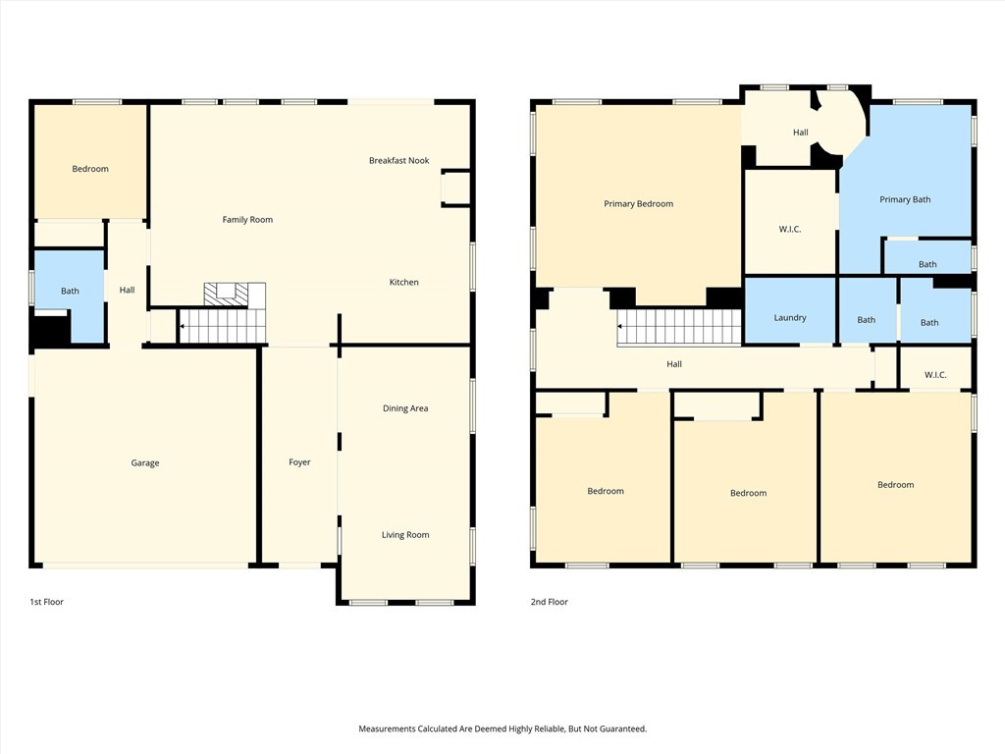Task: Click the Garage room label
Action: click(x=145, y=463)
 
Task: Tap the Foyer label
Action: click(x=299, y=462)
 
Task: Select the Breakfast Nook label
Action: click(x=398, y=160)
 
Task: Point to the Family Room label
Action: click(x=247, y=219)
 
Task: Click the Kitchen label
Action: click(x=403, y=282)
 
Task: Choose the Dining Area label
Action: click(x=405, y=408)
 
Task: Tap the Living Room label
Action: click(x=405, y=535)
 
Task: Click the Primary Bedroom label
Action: click(x=638, y=204)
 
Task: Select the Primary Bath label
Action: click(x=905, y=199)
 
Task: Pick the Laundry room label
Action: click(x=790, y=318)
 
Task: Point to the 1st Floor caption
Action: click(x=47, y=602)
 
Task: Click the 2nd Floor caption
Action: click(x=550, y=602)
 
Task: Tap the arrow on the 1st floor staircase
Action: click(x=183, y=326)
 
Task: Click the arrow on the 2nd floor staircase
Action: click(x=620, y=326)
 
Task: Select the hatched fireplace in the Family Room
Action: click(x=226, y=295)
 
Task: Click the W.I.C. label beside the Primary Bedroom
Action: click(x=790, y=229)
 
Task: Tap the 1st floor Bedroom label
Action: click(x=90, y=169)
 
